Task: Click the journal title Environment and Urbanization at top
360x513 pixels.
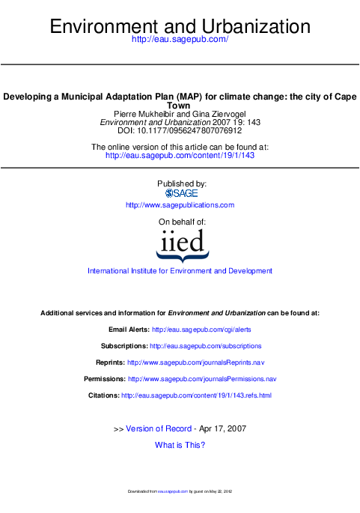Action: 180,26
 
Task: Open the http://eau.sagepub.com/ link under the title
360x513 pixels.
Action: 180,39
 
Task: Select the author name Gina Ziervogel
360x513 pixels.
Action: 219,114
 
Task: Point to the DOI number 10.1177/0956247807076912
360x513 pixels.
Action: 189,130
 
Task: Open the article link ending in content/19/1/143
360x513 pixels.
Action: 180,156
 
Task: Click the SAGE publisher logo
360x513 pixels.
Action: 181,193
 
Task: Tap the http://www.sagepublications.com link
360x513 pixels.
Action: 180,205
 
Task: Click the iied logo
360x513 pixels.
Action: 183,246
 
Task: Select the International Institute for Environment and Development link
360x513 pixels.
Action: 180,271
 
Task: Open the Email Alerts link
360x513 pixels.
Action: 201,330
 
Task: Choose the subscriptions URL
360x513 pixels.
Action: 206,346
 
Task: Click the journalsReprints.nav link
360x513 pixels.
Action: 196,362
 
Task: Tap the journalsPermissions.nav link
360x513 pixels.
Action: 202,379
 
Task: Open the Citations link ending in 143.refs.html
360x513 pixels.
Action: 197,395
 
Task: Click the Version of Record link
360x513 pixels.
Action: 159,428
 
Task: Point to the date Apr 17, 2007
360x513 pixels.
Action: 223,428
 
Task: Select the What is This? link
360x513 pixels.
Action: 180,445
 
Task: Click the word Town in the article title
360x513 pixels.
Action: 179,106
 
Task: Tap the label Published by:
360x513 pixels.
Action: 182,184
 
